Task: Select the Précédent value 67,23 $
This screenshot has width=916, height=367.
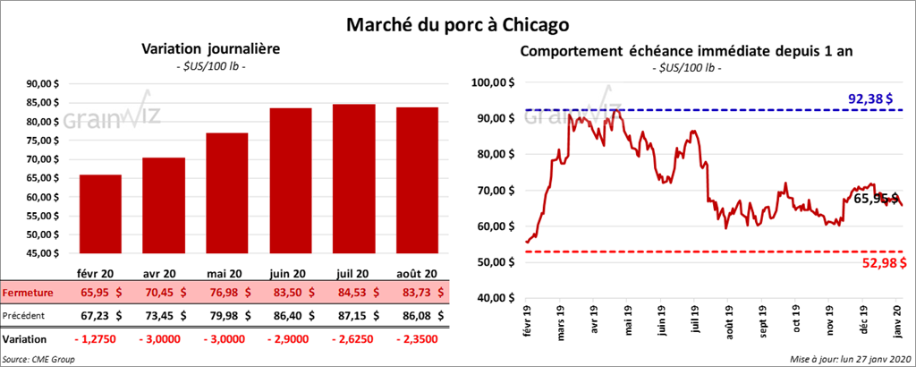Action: point(100,315)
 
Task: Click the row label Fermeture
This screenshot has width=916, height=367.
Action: point(28,293)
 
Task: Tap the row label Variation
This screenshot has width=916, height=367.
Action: point(26,339)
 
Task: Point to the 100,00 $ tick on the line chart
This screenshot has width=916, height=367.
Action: point(493,82)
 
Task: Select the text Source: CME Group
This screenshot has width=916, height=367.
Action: point(38,358)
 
